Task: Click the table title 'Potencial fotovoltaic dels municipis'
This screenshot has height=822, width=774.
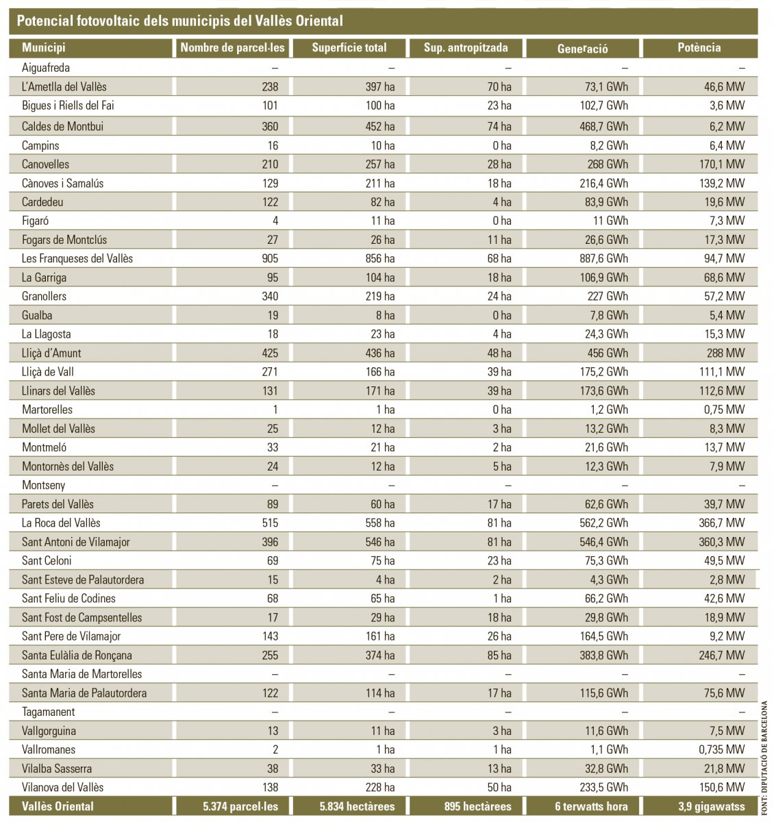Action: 179,21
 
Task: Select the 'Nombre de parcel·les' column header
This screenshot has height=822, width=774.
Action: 232,48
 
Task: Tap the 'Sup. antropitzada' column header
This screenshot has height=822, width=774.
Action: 466,48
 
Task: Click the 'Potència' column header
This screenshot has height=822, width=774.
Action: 699,48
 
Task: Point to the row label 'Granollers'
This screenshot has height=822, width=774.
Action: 44,297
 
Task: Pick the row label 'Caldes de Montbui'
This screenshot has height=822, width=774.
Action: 62,127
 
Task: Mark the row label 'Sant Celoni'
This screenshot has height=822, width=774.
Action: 47,561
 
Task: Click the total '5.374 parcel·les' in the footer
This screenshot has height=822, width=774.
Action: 240,806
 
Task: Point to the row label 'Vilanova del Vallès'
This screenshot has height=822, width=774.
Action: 63,788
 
